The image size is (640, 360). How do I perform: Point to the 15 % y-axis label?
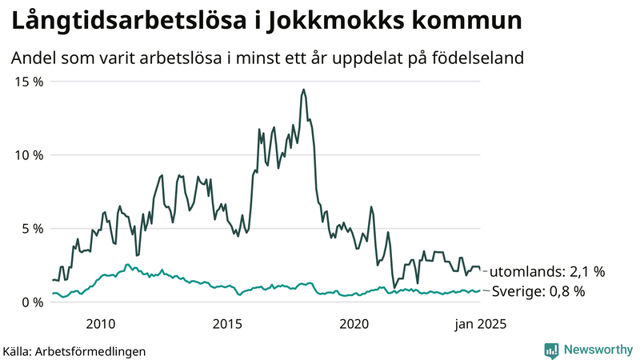28,82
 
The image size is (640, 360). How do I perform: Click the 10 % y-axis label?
28,155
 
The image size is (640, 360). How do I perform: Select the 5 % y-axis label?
32,229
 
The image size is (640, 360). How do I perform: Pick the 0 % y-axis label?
32,302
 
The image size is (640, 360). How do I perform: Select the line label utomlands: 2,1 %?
547,271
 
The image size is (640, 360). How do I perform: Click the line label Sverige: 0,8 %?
537,291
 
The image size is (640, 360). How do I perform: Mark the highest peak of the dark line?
303,90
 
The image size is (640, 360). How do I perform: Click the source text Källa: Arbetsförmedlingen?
74,351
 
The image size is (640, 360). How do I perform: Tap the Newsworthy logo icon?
551,350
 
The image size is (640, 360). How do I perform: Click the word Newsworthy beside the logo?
596,350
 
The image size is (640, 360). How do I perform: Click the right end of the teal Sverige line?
481,290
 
